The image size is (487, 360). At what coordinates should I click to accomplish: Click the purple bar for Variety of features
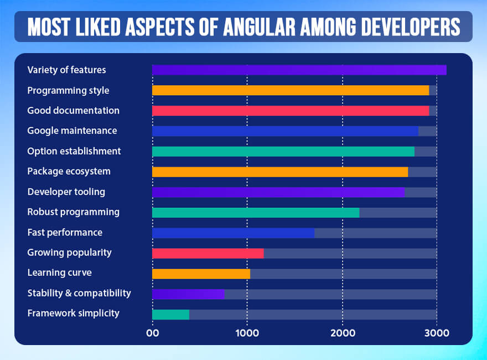[x=299, y=70]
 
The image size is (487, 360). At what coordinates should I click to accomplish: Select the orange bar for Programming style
[x=291, y=90]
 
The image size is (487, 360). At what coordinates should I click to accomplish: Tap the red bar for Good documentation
[x=291, y=111]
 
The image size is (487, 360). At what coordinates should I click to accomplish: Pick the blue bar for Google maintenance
[x=285, y=131]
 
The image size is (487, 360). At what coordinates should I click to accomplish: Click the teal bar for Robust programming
[x=256, y=212]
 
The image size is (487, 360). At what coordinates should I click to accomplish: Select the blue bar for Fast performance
[x=233, y=233]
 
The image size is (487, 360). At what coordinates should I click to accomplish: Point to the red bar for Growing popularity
[x=208, y=253]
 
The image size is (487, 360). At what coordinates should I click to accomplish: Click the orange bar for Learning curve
[x=201, y=274]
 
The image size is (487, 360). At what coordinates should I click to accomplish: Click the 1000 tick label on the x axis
[x=247, y=333]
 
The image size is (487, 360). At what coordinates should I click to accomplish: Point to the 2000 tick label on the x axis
[x=342, y=333]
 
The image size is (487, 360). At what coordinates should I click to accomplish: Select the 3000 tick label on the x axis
[x=437, y=333]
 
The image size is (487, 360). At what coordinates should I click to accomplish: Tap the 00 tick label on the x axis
[x=152, y=333]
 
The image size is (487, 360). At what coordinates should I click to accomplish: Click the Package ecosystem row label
[x=69, y=171]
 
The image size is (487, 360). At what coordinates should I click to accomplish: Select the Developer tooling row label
[x=66, y=192]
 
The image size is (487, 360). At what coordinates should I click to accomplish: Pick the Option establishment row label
[x=74, y=151]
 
